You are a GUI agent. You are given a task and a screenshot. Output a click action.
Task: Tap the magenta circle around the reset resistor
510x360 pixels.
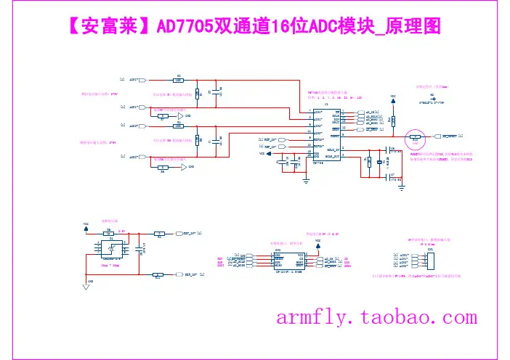pyautogui.click(x=415, y=136)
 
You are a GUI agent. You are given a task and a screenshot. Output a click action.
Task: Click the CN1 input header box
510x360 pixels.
pyautogui.click(x=430, y=260)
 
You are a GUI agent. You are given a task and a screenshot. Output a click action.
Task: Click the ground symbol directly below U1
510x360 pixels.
pyautogui.click(x=306, y=181)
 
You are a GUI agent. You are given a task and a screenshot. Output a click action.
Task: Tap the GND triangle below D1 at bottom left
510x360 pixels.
pyautogui.click(x=86, y=286)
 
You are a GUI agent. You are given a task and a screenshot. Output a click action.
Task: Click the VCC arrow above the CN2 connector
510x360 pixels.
pyautogui.click(x=318, y=241)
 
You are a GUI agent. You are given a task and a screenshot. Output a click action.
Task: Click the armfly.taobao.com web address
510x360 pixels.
pyautogui.click(x=377, y=317)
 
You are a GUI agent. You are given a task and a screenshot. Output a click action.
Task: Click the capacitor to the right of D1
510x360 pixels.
pyautogui.click(x=143, y=248)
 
